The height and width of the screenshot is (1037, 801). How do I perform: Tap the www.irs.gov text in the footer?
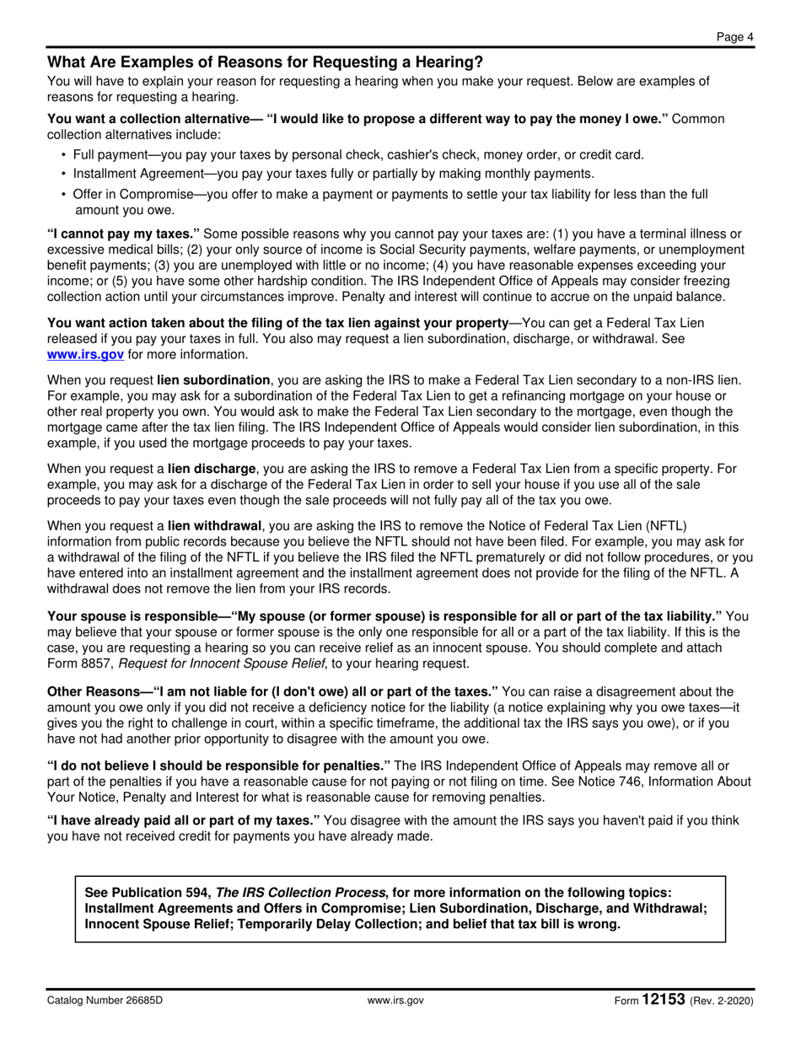(395, 1001)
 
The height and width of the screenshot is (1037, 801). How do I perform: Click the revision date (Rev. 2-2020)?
(722, 1001)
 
